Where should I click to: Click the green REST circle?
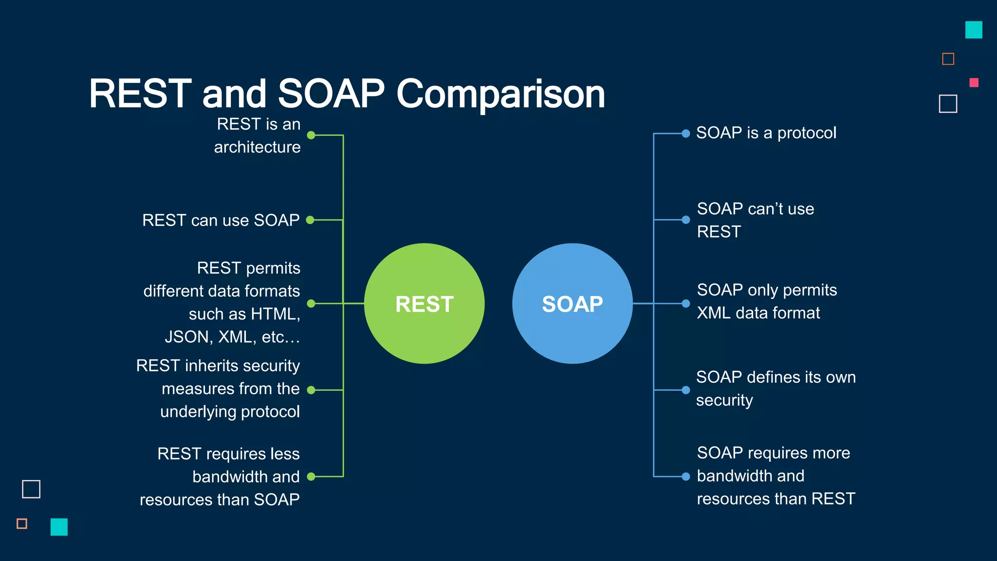point(424,303)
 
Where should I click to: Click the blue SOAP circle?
point(572,303)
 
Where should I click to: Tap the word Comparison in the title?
point(500,93)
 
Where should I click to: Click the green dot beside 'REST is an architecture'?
point(311,135)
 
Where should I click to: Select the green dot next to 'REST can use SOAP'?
point(310,220)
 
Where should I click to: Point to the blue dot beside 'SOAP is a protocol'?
point(685,133)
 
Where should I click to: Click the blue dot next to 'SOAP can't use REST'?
point(685,220)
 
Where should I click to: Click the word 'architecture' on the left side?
point(257,147)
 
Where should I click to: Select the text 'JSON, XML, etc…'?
point(232,337)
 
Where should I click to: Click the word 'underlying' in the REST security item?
point(198,412)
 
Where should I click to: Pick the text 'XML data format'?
point(758,313)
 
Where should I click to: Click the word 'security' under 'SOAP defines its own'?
point(724,400)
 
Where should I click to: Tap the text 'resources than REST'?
point(775,499)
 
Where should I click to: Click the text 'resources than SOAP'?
point(220,500)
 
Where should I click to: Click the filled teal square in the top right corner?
point(973,30)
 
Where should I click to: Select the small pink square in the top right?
point(974,83)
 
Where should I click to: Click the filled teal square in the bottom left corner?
point(59,527)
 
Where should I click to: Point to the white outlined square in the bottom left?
point(31,489)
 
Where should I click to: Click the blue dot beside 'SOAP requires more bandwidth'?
point(685,477)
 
